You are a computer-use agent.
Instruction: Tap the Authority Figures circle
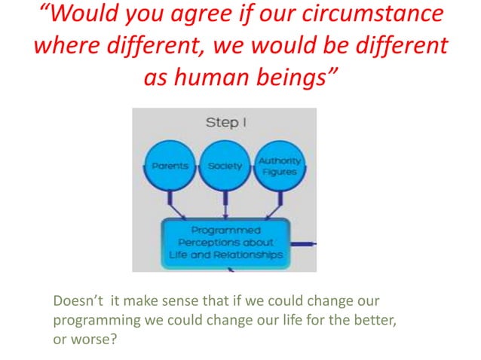[279, 166]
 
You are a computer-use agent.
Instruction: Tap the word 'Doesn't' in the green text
[77, 302]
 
